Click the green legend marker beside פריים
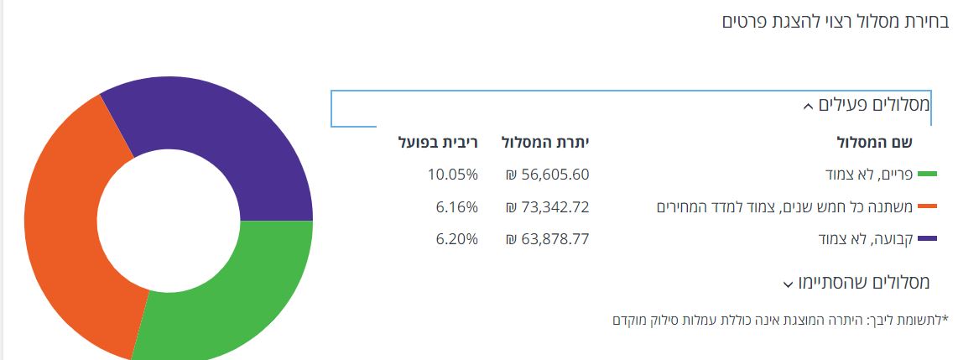point(927,175)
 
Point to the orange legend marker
point(927,206)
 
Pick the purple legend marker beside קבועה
point(927,239)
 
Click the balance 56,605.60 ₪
point(547,175)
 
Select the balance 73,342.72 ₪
point(547,206)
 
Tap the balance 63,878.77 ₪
point(547,239)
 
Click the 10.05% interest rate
point(452,175)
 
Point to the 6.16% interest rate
point(457,206)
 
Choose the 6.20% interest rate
point(457,239)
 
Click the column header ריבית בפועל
point(438,142)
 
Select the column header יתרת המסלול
point(545,142)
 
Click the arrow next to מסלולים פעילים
point(807,107)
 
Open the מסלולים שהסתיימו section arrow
point(788,284)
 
